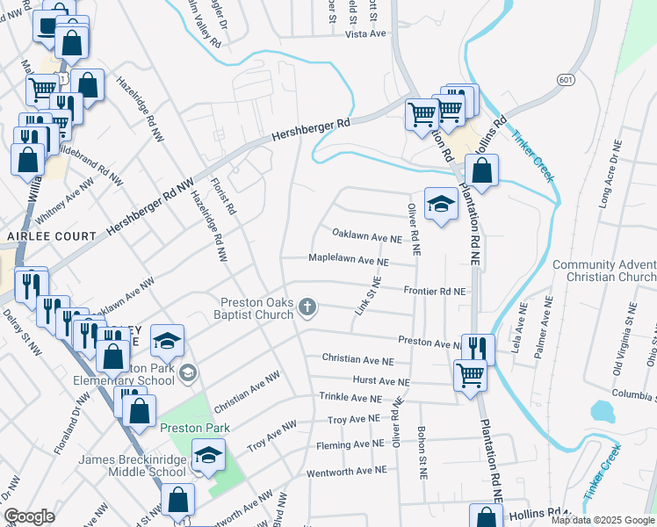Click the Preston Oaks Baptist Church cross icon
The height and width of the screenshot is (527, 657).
307,307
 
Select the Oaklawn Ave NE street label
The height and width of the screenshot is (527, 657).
366,237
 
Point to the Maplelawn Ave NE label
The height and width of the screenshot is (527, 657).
348,260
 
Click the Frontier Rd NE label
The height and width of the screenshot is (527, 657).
435,290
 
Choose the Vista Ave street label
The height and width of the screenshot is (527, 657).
365,33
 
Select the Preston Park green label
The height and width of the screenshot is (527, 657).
195,428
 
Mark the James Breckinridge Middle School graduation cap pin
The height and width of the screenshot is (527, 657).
207,456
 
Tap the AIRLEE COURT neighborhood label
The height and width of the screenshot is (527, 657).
51,236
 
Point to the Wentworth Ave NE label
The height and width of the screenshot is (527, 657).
346,471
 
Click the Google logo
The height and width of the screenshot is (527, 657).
29,516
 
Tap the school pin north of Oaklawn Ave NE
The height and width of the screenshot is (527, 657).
441,205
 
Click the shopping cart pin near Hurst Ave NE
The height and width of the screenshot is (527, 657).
470,374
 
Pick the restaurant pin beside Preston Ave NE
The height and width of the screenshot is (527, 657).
477,347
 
